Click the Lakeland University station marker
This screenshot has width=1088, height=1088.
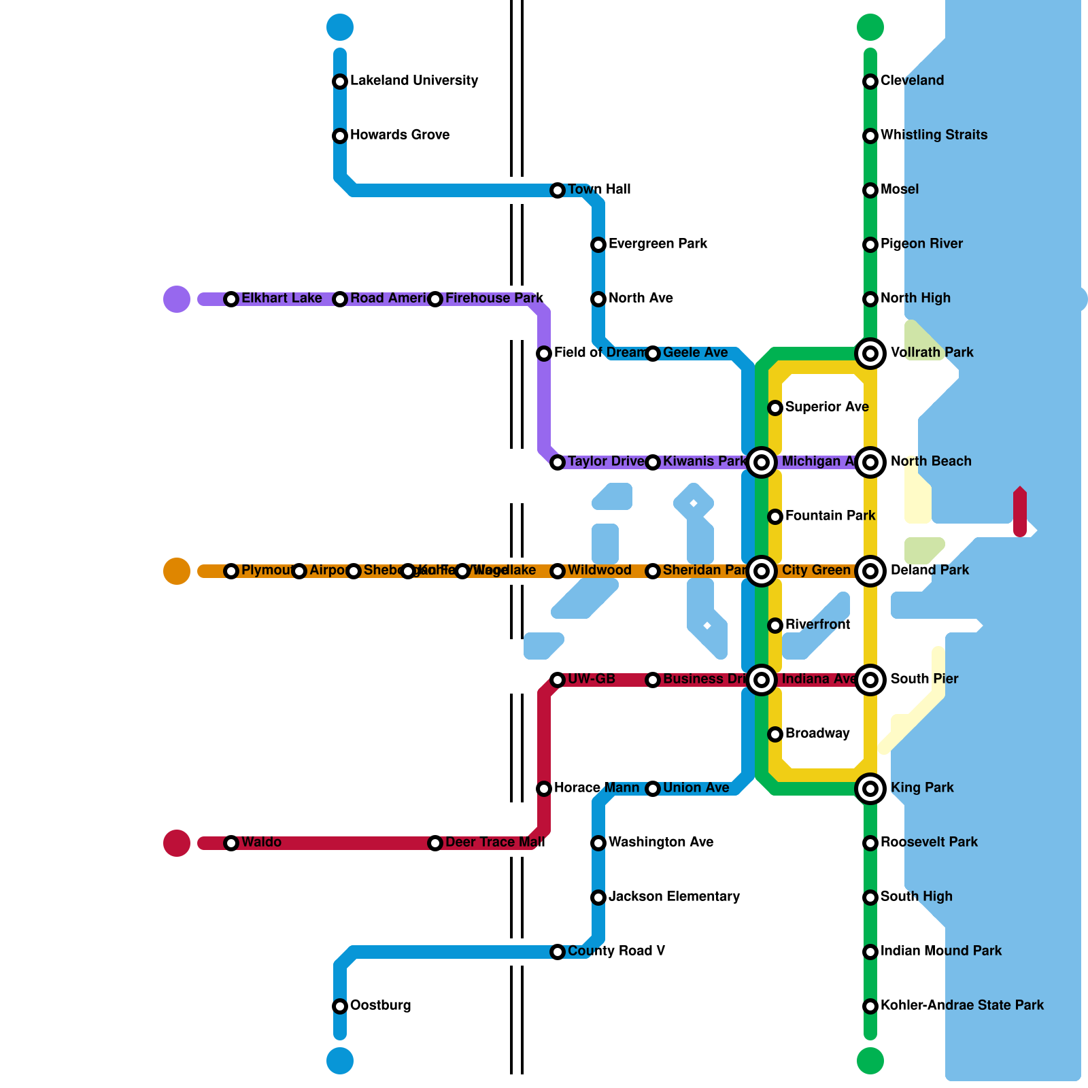tap(340, 82)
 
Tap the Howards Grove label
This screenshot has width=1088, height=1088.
tap(399, 135)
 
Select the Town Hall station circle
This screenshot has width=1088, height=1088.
tap(558, 190)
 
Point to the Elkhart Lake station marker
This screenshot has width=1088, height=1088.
tap(231, 299)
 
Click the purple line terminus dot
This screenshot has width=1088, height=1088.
tap(177, 299)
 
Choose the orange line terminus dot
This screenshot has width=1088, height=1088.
tap(177, 571)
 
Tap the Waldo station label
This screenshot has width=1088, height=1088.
tap(261, 843)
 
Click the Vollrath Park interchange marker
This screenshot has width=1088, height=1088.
tap(870, 354)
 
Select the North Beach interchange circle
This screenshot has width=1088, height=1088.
tap(870, 462)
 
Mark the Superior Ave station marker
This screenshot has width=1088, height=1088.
tap(775, 408)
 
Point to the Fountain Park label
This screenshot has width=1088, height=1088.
tap(830, 516)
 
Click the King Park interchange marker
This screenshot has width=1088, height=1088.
tap(870, 789)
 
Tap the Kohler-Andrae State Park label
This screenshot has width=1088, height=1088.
tap(962, 1006)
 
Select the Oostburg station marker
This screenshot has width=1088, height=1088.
tap(340, 1006)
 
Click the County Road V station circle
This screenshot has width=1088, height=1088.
tap(558, 952)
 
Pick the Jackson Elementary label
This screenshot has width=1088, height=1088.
tap(674, 897)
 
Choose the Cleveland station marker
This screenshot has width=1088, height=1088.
tap(870, 82)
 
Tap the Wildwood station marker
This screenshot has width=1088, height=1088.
tap(558, 571)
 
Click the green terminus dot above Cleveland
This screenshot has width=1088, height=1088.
tap(870, 27)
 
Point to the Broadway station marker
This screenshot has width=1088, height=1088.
tap(775, 734)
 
